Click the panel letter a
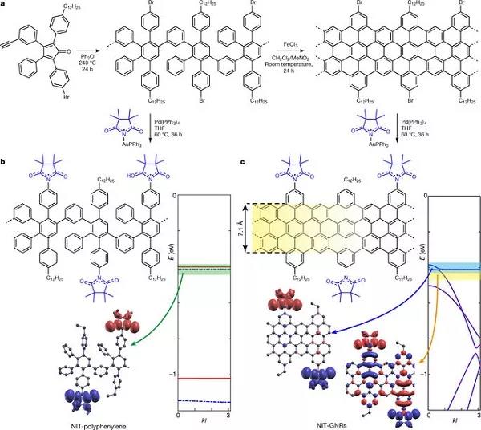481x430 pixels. click(x=5, y=5)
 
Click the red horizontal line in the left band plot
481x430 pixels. click(x=207, y=378)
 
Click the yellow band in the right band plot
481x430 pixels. click(x=455, y=276)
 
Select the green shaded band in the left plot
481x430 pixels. click(x=207, y=270)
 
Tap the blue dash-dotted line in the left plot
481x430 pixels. click(x=207, y=400)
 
